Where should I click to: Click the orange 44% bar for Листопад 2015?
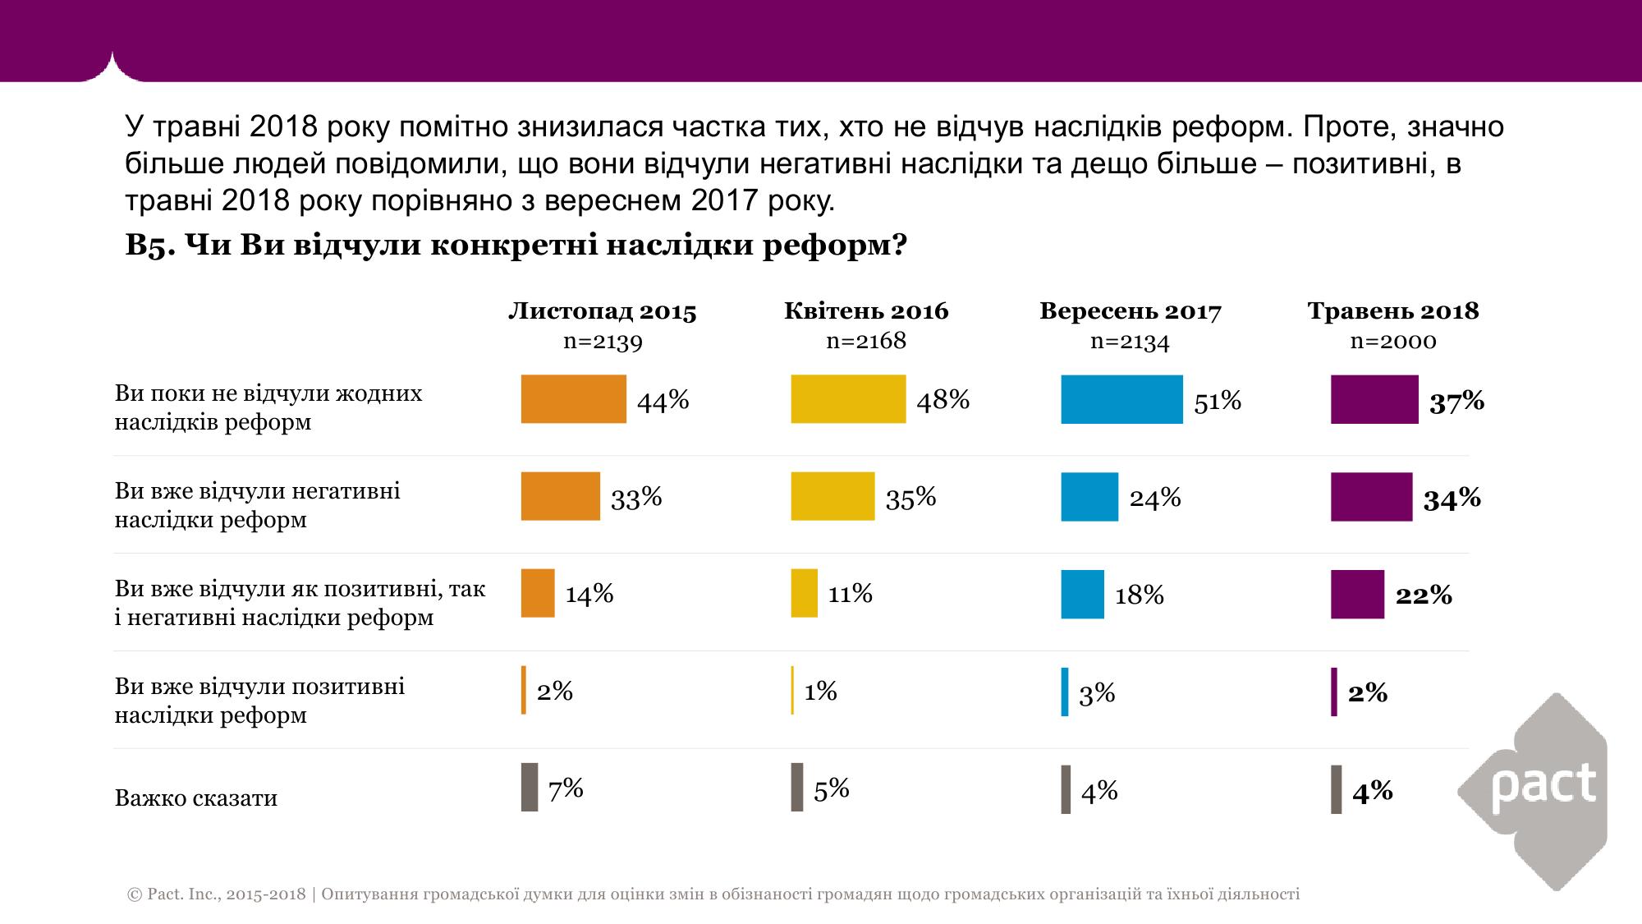[x=573, y=399]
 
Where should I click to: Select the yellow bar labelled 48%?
[x=848, y=399]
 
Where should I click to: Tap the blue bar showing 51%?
[x=1121, y=399]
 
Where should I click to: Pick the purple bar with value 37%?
[x=1374, y=399]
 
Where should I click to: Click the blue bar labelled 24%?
[x=1089, y=497]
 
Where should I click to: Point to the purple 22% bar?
[x=1357, y=594]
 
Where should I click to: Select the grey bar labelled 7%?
[x=530, y=787]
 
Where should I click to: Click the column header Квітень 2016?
[x=866, y=311]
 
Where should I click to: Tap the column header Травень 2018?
[x=1393, y=311]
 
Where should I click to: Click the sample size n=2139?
[x=603, y=342]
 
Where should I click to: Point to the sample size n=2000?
[x=1393, y=342]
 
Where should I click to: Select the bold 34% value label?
[x=1452, y=499]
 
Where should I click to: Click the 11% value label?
[x=850, y=593]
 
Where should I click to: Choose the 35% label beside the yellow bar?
[x=910, y=498]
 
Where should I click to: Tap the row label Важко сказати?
[x=196, y=798]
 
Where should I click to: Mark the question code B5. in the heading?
[x=149, y=246]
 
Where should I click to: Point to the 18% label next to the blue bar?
[x=1139, y=595]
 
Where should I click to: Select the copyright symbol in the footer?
[x=135, y=894]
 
